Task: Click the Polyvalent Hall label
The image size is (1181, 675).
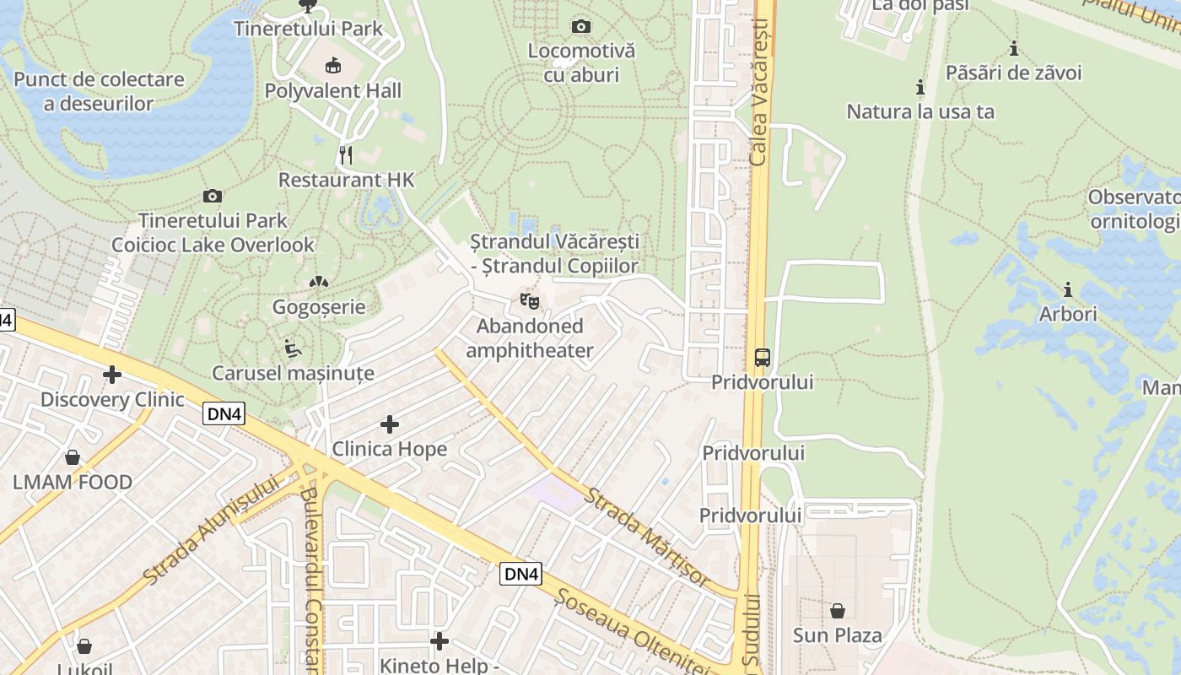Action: pos(332,90)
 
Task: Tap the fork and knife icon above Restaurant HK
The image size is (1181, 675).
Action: pos(346,154)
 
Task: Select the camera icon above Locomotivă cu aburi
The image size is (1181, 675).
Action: pos(581,26)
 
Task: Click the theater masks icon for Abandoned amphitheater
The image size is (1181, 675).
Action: pos(530,300)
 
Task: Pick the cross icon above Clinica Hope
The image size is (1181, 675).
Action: pos(389,424)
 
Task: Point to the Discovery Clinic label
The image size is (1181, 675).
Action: pos(112,399)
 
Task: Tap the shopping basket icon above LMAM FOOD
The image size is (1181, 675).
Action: pos(73,457)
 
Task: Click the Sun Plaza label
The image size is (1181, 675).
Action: pos(837,635)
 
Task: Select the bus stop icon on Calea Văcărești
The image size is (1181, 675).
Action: pos(762,357)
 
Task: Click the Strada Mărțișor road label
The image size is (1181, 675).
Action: pos(648,537)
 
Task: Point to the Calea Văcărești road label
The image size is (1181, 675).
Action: pos(761,93)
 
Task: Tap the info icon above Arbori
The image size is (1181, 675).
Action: pos(1068,290)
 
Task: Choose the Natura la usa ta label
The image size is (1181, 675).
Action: pos(920,111)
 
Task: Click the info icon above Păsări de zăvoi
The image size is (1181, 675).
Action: pos(1013,48)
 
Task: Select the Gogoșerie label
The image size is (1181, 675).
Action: pos(319,306)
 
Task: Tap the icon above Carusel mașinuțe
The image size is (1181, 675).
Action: pos(292,348)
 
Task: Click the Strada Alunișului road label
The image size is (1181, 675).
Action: pos(210,530)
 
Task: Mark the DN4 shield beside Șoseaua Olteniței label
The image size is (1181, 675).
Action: pos(520,574)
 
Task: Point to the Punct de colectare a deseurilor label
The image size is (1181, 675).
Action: pos(99,92)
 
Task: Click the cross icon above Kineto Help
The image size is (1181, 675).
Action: pos(440,641)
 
